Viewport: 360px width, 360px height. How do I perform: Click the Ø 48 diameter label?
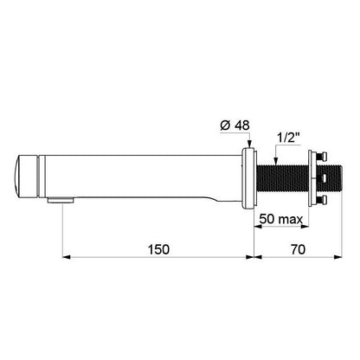point(235,125)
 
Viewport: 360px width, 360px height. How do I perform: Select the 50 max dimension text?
point(281,219)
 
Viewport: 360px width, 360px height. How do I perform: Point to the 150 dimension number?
point(158,249)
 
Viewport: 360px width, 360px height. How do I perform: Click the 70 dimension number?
point(298,249)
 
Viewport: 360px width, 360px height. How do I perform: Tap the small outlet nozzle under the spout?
point(61,200)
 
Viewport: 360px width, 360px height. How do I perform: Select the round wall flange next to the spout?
point(248,178)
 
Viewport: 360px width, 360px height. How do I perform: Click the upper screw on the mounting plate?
point(322,157)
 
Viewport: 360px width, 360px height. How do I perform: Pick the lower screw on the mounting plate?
point(322,200)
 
